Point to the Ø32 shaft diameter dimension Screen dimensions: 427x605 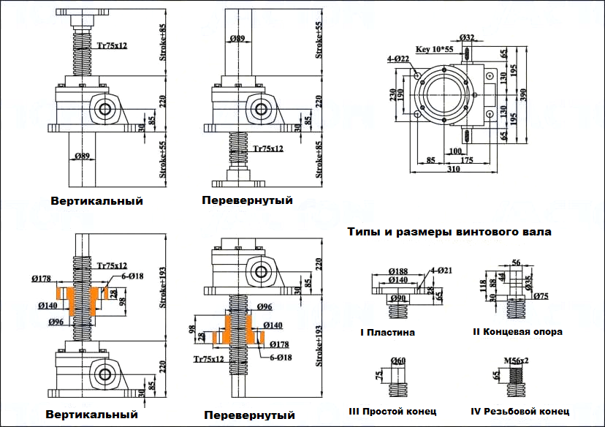[468, 37]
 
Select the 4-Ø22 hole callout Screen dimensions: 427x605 [400, 58]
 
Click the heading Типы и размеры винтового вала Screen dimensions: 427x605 [449, 233]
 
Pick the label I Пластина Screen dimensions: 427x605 [387, 333]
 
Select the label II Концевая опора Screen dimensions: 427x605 [517, 332]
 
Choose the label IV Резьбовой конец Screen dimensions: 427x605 [520, 411]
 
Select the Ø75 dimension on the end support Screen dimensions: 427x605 [541, 296]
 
